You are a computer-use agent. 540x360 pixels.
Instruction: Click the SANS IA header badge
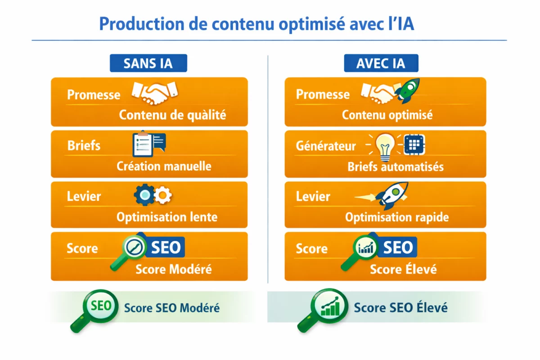(x=148, y=63)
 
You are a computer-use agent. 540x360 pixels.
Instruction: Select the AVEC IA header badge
(x=381, y=63)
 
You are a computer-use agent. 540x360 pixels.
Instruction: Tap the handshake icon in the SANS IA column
(x=154, y=92)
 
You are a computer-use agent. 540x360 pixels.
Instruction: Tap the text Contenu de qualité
(x=172, y=115)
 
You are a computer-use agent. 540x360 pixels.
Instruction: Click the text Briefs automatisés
(x=396, y=167)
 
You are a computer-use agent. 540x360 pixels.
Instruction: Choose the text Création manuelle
(x=164, y=166)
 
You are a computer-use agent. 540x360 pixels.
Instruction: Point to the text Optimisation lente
(x=167, y=217)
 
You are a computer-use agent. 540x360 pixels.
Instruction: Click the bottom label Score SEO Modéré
(x=172, y=308)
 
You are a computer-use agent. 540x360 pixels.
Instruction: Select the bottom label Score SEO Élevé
(x=400, y=308)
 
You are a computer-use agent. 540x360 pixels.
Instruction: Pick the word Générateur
(x=326, y=146)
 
